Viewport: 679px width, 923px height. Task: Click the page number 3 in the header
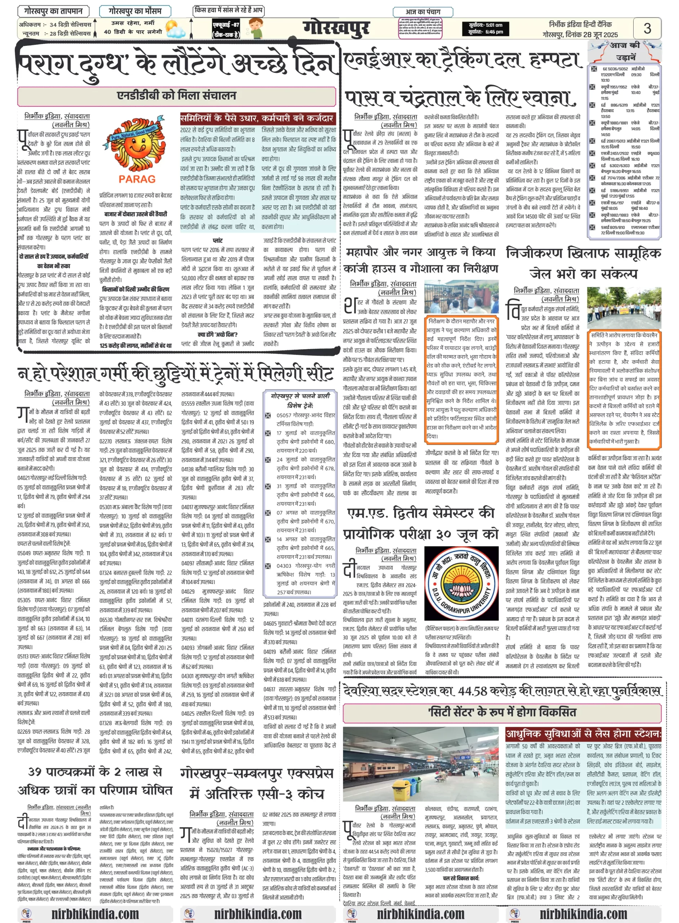(x=647, y=28)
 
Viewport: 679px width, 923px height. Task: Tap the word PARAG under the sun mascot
(x=137, y=179)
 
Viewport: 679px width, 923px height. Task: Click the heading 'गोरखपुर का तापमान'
(x=53, y=11)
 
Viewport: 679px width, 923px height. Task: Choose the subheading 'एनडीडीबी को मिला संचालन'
(x=177, y=96)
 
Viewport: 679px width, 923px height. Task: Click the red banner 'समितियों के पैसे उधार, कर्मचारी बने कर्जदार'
(x=258, y=118)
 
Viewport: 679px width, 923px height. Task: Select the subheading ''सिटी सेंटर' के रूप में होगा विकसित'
(x=502, y=712)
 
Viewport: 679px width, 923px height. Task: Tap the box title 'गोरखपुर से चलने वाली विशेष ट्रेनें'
(x=300, y=400)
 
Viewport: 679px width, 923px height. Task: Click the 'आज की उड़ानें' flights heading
(x=624, y=50)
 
